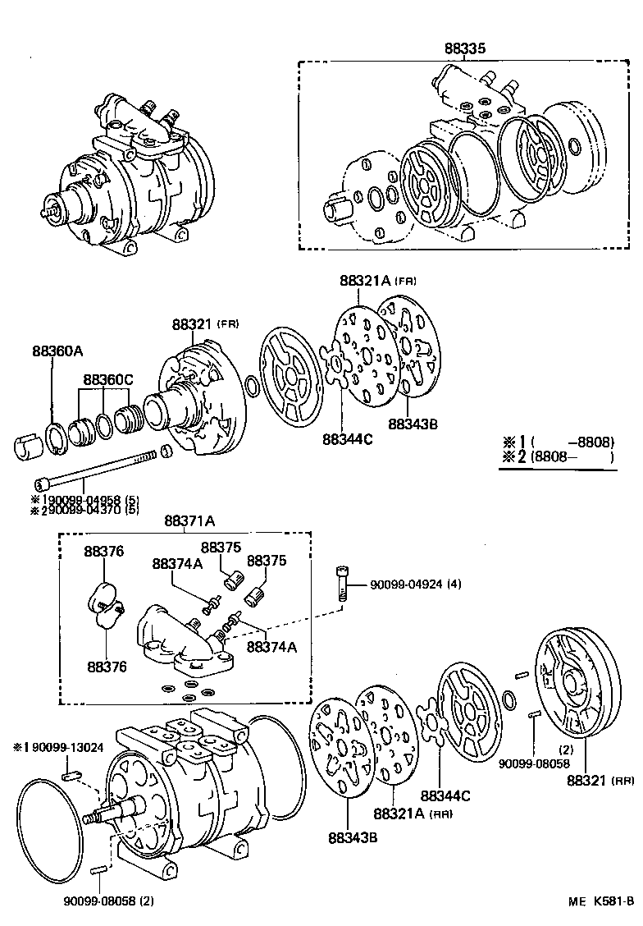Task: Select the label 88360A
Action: [x=57, y=351]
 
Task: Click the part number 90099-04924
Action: [x=406, y=584]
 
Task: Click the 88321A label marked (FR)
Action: [x=367, y=280]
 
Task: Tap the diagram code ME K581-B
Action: [x=600, y=901]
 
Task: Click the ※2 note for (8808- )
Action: [x=558, y=456]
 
